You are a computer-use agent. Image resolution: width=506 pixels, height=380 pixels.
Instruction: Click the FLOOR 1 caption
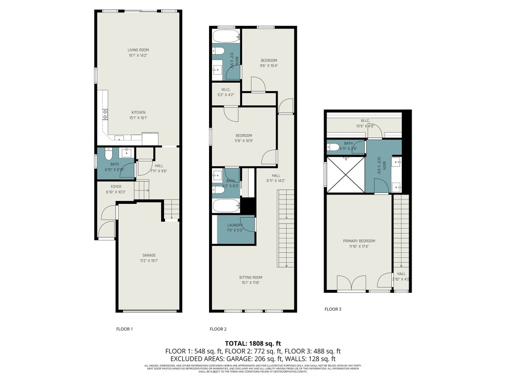click(x=124, y=329)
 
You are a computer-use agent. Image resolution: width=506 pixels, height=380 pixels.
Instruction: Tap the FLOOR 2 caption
click(x=218, y=329)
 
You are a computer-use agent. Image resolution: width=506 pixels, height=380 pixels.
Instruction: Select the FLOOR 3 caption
click(x=333, y=309)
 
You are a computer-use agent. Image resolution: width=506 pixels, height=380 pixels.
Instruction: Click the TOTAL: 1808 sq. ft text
click(x=253, y=343)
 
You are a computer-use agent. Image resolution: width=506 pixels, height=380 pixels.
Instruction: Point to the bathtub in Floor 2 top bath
click(x=226, y=36)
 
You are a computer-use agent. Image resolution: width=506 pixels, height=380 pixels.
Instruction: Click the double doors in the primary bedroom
click(x=351, y=283)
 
